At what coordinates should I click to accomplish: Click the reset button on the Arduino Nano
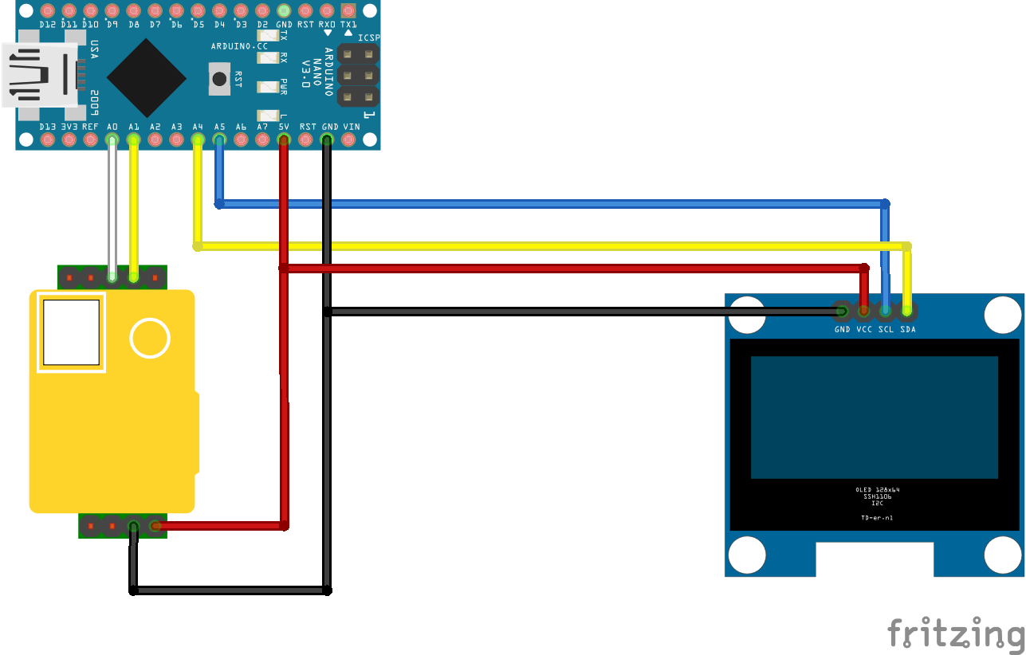coord(218,78)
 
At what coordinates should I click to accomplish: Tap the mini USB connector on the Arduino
coord(40,75)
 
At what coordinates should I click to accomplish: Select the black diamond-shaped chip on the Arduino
coord(146,77)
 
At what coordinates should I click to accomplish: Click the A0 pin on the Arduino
coord(112,140)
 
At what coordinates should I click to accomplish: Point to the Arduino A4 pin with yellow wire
coord(198,140)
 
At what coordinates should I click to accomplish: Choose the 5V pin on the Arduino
coord(283,140)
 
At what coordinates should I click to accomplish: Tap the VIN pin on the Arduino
coord(348,140)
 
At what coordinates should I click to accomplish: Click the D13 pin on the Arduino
coord(47,140)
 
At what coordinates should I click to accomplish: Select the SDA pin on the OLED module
coord(906,310)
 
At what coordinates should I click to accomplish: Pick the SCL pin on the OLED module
coord(885,310)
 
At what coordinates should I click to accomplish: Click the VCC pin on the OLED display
coord(863,310)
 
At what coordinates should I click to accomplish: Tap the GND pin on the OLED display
coord(842,310)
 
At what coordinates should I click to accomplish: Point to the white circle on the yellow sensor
coord(150,338)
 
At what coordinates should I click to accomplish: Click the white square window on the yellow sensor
coord(71,332)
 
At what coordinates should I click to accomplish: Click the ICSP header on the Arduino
coord(357,76)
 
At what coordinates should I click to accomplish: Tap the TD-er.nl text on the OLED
coord(876,517)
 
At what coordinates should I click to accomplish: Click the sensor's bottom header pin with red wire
coord(155,526)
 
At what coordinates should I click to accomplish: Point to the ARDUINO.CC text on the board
coord(239,46)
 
